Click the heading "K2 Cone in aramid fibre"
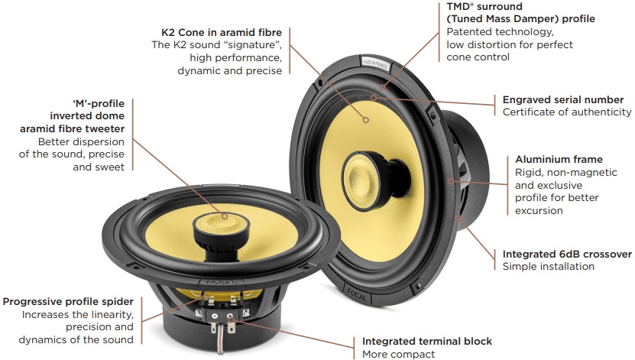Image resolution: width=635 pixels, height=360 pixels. pyautogui.click(x=222, y=32)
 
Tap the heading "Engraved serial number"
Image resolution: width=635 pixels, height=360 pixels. pyautogui.click(x=563, y=100)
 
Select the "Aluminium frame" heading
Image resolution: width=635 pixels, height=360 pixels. pyautogui.click(x=559, y=159)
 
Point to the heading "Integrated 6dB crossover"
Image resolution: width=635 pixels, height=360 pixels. pyautogui.click(x=567, y=255)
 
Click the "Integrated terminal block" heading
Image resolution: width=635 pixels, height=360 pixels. pyautogui.click(x=427, y=342)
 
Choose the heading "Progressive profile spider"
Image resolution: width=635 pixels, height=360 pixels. pyautogui.click(x=68, y=302)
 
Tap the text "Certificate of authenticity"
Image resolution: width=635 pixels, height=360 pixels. pyautogui.click(x=567, y=112)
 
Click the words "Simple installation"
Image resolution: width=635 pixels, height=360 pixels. pyautogui.click(x=549, y=267)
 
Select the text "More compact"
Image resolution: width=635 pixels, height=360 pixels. pyautogui.click(x=398, y=355)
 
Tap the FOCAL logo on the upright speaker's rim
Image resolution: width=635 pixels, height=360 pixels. pyautogui.click(x=357, y=295)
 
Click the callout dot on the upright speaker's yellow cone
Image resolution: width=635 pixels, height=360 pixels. pyautogui.click(x=366, y=120)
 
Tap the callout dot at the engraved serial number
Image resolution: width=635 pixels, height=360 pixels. pyautogui.click(x=374, y=98)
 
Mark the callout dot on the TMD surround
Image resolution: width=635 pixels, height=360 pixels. pyautogui.click(x=382, y=87)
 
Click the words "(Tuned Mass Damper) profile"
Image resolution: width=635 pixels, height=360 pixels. pyautogui.click(x=521, y=19)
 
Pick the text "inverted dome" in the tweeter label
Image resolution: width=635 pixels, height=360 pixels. pyautogui.click(x=87, y=116)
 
